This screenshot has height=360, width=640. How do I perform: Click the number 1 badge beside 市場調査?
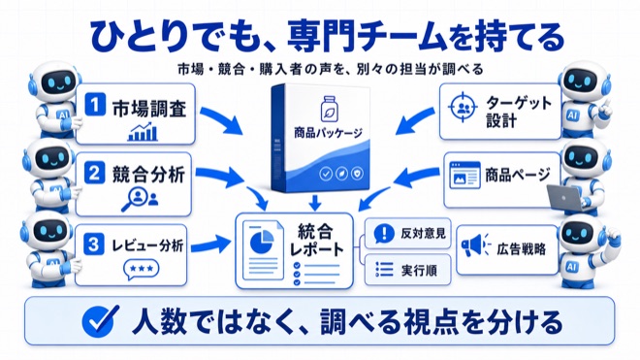95,105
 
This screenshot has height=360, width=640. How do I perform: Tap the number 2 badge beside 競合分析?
95,173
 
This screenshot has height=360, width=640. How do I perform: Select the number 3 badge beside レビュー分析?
93,244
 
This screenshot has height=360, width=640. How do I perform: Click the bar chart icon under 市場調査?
143,132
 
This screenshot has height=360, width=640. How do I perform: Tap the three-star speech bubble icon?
141,270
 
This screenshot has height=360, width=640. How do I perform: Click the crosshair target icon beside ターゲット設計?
463,108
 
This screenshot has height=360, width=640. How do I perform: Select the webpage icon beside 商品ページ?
464,176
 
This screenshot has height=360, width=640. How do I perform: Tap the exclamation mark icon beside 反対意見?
384,233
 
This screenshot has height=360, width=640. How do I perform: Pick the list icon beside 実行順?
384,270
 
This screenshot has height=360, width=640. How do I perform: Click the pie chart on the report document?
262,241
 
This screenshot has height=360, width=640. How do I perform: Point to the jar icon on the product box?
328,109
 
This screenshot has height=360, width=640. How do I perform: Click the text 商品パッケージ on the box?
328,133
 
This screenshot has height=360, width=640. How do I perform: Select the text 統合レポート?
316,241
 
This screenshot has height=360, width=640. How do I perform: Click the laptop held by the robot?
565,198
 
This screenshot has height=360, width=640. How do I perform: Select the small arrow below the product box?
315,203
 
